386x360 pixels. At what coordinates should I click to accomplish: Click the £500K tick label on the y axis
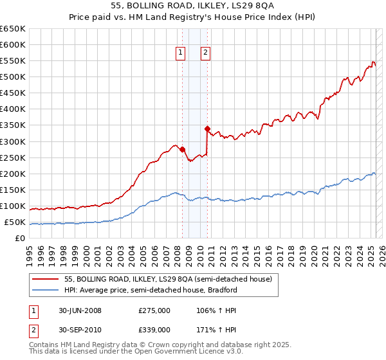tap(12, 77)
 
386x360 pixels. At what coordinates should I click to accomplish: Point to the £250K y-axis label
tap(12, 157)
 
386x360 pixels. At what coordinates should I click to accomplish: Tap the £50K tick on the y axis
tap(15, 222)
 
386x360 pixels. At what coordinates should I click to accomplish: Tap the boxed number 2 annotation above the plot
tap(205, 53)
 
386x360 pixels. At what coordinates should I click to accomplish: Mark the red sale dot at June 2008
tap(182, 149)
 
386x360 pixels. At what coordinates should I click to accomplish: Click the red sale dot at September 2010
tap(207, 129)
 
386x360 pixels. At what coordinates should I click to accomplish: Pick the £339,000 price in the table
tap(154, 329)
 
